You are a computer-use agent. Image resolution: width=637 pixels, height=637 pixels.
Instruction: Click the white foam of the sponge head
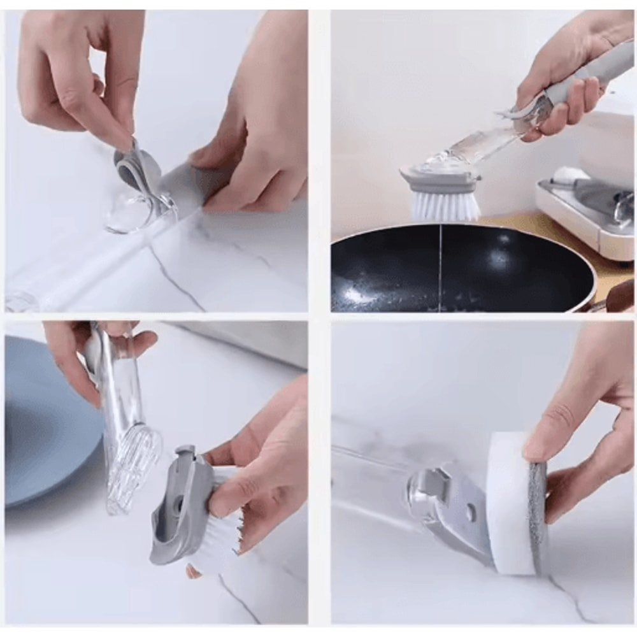tap(510, 503)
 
